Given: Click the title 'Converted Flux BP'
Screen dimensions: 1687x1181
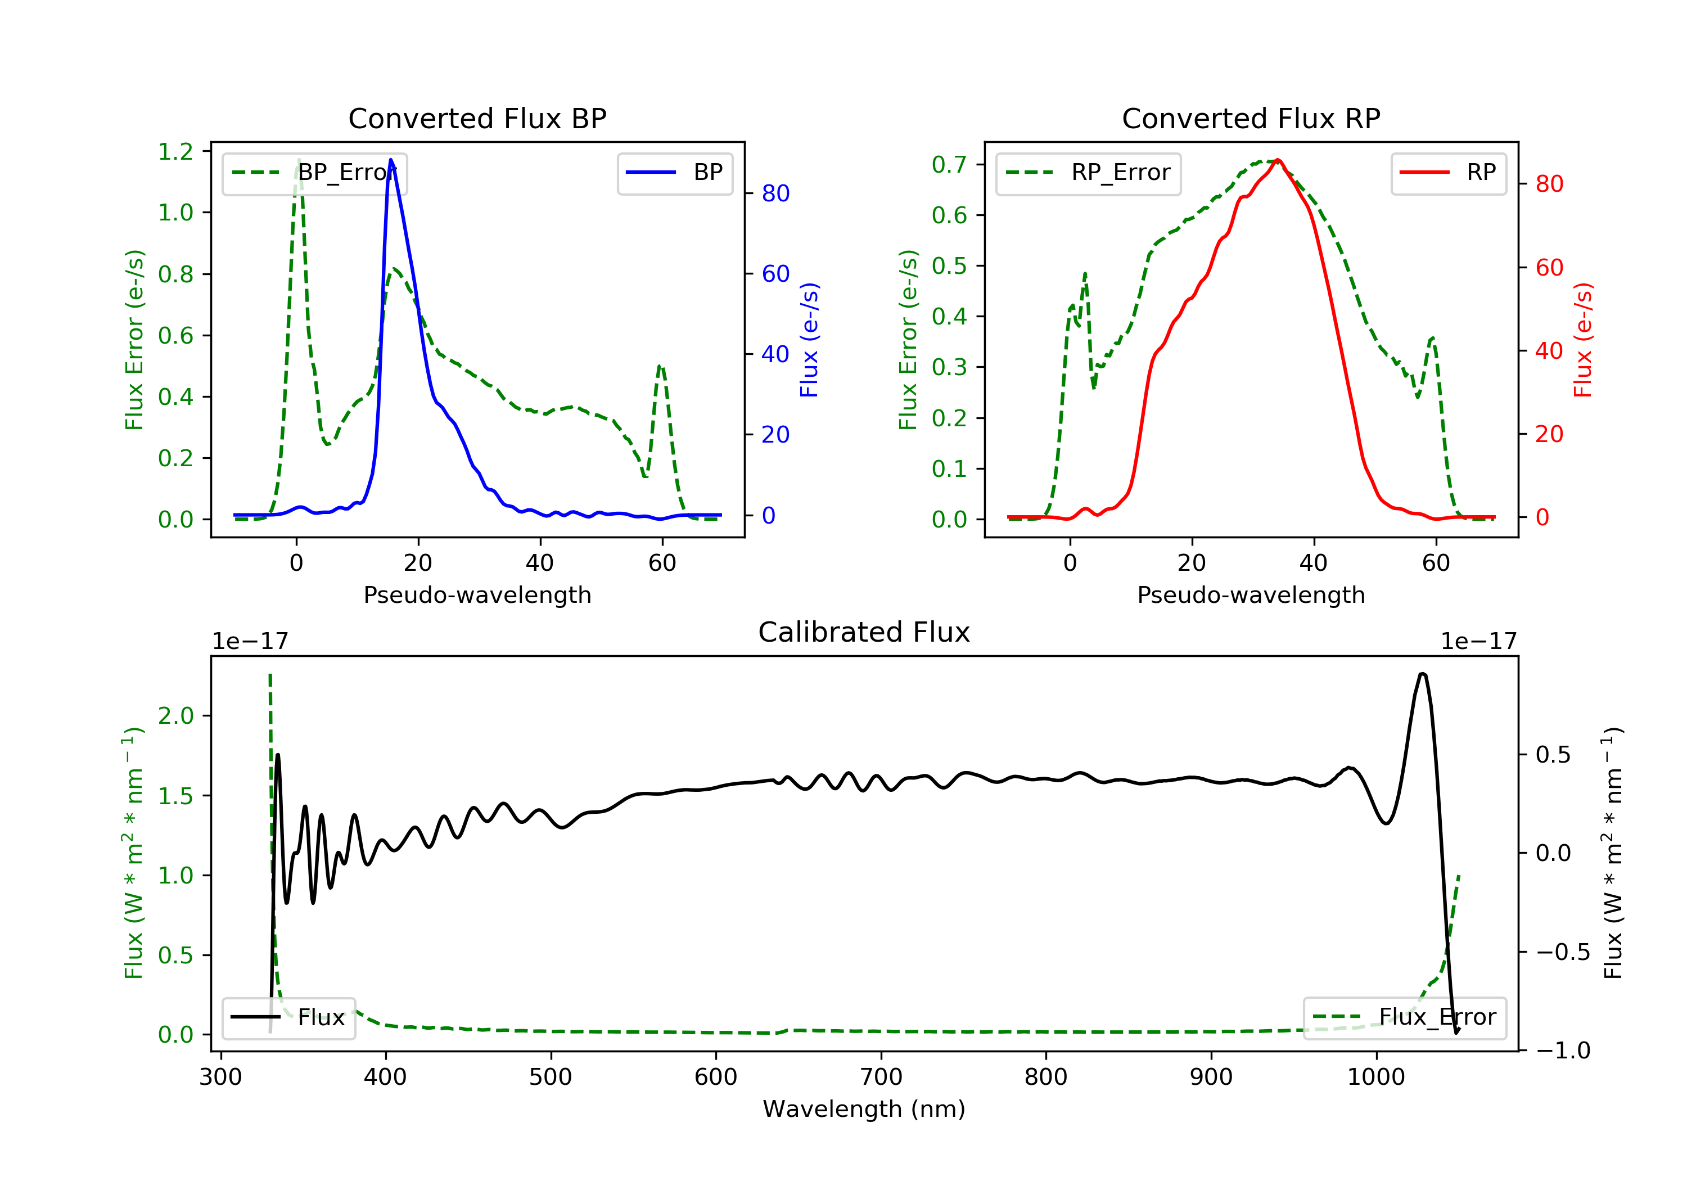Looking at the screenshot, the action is [477, 118].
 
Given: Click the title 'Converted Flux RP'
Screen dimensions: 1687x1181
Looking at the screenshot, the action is [1251, 118].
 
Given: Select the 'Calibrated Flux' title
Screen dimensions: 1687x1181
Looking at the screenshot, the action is [864, 632].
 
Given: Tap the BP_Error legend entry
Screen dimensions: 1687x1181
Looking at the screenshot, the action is [314, 173].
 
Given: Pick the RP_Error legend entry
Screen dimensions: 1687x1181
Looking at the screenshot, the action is [1088, 173].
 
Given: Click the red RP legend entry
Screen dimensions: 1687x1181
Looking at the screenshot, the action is [1448, 173].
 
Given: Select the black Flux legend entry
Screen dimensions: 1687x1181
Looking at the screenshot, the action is [289, 1018].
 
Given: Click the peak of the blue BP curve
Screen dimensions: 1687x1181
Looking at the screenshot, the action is [391, 160].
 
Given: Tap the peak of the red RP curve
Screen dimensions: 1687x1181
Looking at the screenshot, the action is [1278, 160].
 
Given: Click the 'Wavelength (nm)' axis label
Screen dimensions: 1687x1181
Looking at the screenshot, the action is [864, 1108].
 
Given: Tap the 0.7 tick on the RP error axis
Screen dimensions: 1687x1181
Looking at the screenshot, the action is [949, 165].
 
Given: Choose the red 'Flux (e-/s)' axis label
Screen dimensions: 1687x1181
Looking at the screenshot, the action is [1582, 340].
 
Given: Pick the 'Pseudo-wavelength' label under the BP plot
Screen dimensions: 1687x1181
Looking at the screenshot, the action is [477, 595].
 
